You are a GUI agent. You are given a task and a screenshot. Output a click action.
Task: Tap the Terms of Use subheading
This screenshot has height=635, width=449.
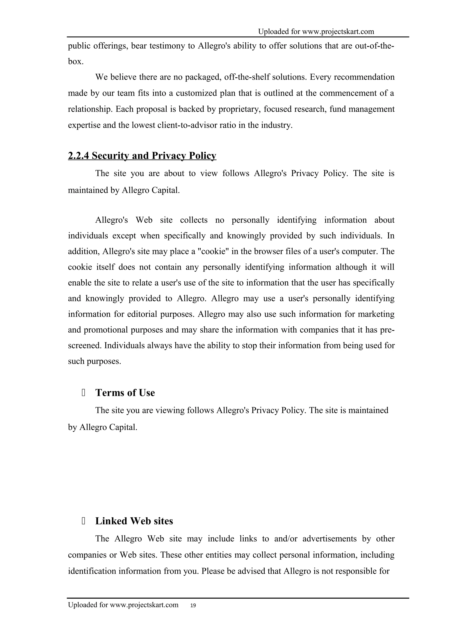(x=125, y=393)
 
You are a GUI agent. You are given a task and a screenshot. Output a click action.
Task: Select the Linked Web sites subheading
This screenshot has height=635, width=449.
(x=134, y=521)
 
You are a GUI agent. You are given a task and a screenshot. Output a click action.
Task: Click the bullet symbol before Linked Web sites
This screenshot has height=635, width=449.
(x=83, y=521)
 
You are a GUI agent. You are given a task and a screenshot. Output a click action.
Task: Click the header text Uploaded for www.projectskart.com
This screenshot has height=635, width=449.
(x=316, y=32)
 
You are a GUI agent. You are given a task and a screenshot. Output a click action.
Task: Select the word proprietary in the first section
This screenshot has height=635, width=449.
(x=240, y=109)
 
